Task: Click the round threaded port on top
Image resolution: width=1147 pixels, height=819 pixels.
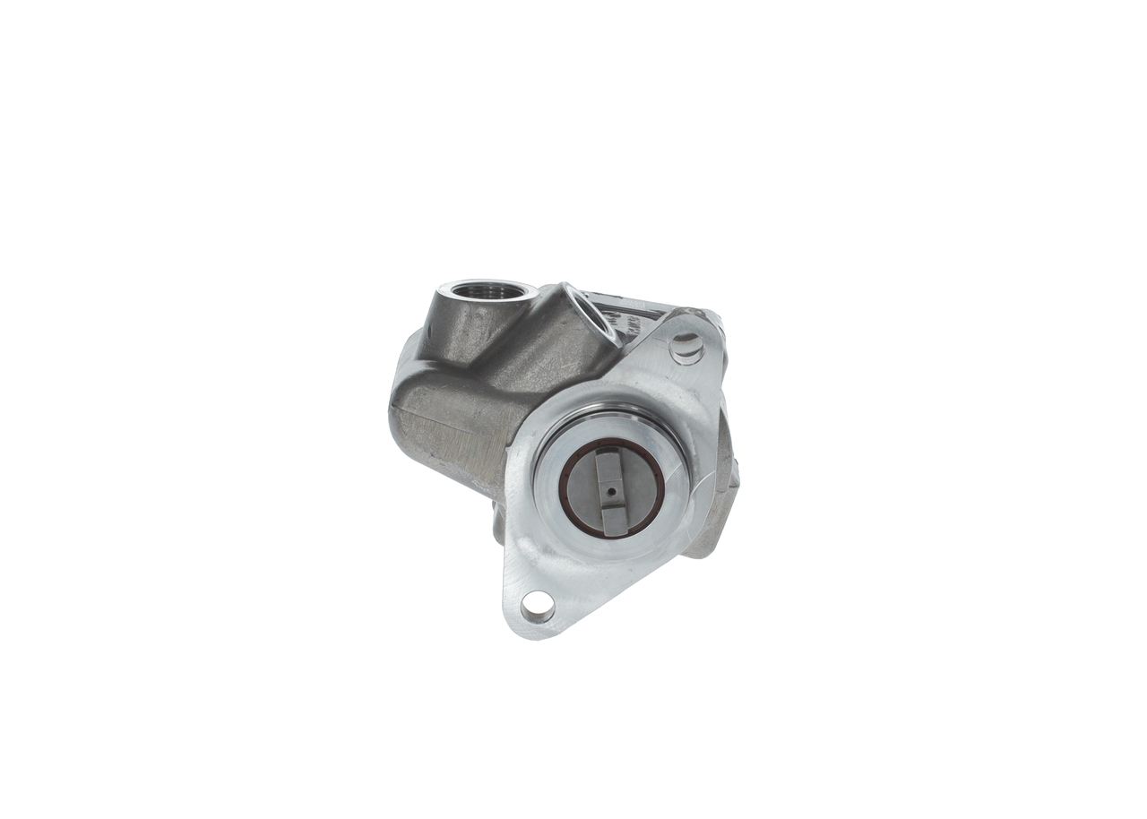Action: point(491,291)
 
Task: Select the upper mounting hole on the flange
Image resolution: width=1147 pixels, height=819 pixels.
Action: point(686,348)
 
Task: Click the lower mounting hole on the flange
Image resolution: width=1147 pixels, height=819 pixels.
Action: point(537,607)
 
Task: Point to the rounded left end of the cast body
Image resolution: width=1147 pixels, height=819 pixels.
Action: point(399,403)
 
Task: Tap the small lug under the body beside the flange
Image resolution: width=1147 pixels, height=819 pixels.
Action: point(499,524)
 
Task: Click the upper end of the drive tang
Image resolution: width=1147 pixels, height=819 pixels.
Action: point(610,459)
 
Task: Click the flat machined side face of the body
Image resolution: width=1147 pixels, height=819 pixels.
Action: point(448,439)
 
